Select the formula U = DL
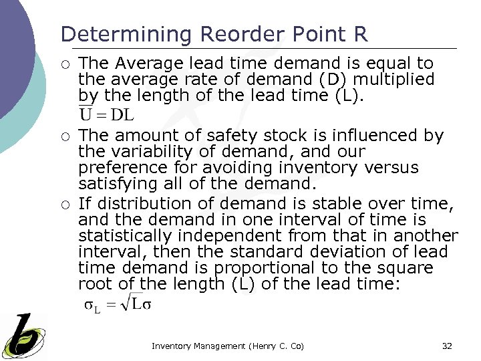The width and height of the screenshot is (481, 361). (106, 114)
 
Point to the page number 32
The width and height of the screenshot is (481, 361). (447, 346)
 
